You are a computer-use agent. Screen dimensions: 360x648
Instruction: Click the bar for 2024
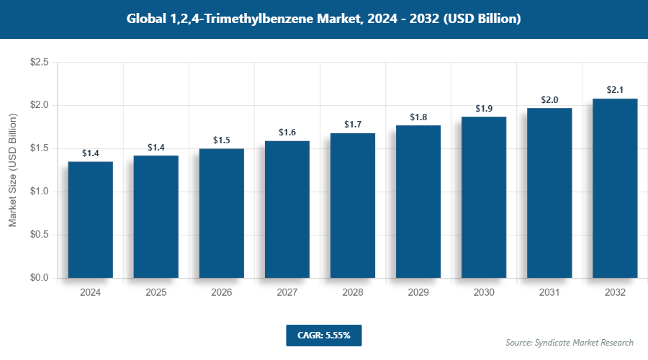coord(90,220)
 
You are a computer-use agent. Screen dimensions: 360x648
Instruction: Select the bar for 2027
coord(287,210)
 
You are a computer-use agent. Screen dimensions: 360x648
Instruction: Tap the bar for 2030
coord(484,197)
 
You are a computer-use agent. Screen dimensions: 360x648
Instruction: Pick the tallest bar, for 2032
coord(615,188)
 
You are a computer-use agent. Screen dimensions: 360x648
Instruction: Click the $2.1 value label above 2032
coord(615,90)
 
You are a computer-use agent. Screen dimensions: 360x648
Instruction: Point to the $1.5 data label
coord(222,140)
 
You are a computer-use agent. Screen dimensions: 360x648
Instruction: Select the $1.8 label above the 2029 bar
coord(418,117)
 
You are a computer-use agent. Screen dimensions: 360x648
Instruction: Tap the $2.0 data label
coord(549,100)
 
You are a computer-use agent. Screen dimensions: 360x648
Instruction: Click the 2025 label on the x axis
coord(156,293)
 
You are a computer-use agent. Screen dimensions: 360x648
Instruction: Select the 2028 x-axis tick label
coord(353,293)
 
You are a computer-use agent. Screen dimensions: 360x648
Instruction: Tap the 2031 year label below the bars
coord(549,293)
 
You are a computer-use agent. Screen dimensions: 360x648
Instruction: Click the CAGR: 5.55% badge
coord(323,336)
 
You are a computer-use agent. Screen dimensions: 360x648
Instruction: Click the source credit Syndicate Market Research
coord(569,342)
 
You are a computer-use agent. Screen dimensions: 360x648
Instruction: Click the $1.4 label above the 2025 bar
coord(156,148)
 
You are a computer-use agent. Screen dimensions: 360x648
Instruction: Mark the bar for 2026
coord(222,213)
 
